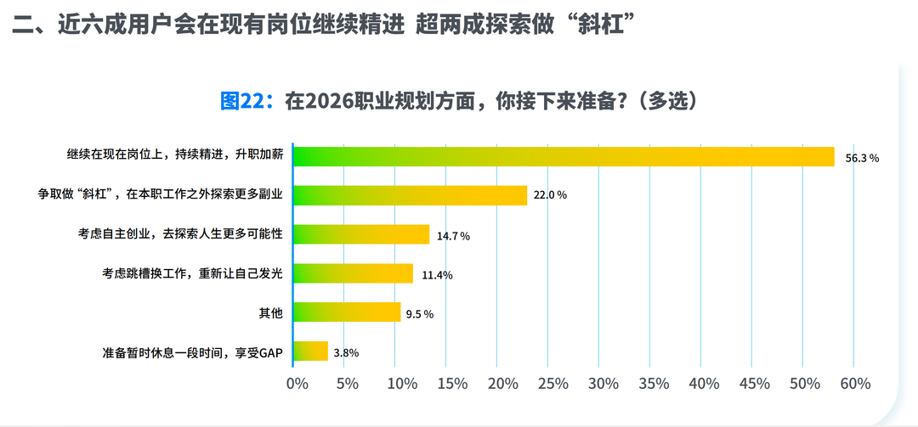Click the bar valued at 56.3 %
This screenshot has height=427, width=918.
(x=564, y=156)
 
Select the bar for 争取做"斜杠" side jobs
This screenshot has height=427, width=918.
(x=411, y=195)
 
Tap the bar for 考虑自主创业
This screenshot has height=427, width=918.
(x=361, y=234)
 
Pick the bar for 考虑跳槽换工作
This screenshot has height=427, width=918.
(x=353, y=273)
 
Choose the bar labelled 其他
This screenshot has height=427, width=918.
(x=347, y=312)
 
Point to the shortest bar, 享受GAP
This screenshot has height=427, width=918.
(x=310, y=351)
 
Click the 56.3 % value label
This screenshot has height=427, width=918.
(x=862, y=158)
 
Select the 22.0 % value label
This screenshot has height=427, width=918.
(x=550, y=195)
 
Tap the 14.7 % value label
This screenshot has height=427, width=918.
(x=453, y=236)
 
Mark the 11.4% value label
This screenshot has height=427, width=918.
(x=436, y=274)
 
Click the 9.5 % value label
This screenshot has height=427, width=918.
(x=420, y=314)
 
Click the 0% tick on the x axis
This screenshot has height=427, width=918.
(x=297, y=384)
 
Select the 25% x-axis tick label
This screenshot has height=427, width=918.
(x=552, y=384)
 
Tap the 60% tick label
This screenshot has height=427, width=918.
(x=856, y=384)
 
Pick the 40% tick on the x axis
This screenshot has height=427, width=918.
(x=704, y=384)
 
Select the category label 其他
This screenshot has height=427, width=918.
(x=270, y=313)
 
